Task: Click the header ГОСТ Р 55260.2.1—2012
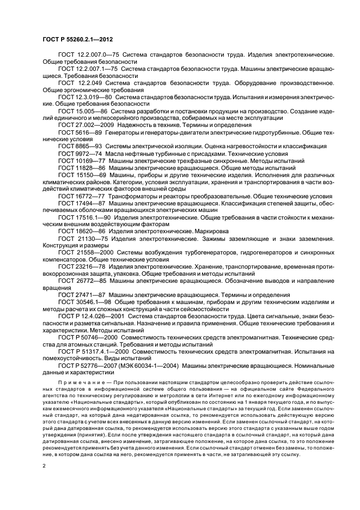[x=78, y=40]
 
